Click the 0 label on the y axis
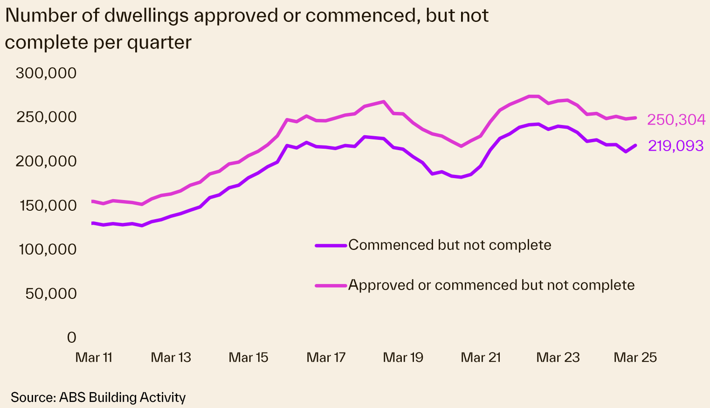[71, 337]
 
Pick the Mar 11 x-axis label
[94, 358]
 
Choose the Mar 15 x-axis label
[248, 358]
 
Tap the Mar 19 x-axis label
[403, 358]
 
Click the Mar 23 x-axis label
[558, 358]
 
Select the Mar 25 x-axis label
[635, 358]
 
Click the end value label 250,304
[676, 120]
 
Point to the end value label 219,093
[676, 146]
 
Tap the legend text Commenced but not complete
[449, 245]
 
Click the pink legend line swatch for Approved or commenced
[331, 285]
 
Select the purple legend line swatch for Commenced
[331, 245]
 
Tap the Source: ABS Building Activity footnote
[98, 397]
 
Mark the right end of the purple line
[635, 145]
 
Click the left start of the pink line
[92, 201]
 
